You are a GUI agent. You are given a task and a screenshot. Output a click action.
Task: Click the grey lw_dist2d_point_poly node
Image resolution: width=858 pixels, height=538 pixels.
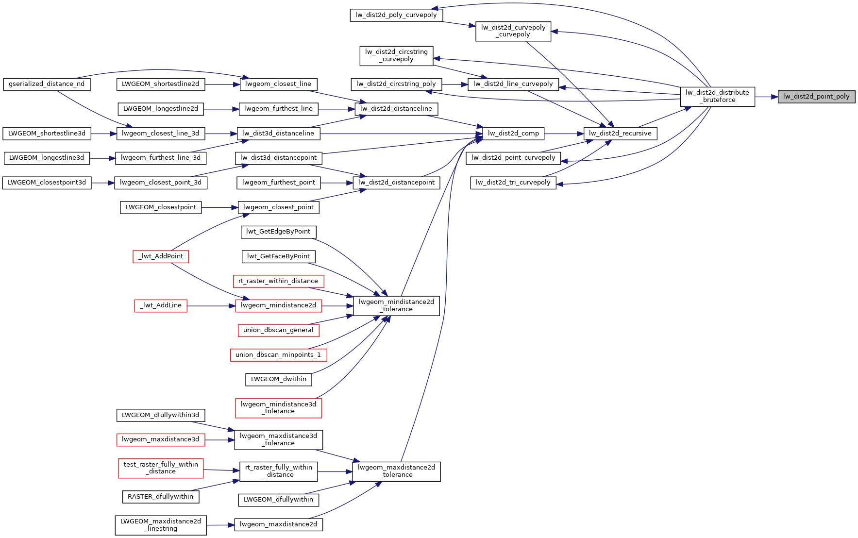coord(816,97)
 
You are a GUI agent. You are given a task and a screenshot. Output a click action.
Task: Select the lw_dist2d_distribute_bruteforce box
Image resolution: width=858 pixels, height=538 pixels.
coord(717,97)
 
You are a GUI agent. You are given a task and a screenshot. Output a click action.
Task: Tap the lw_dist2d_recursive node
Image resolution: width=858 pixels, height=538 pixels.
coord(620,134)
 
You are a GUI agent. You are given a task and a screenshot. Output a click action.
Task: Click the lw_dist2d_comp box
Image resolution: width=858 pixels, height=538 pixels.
coord(513,134)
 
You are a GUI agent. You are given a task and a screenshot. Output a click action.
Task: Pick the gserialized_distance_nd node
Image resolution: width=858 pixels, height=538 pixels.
coord(47,84)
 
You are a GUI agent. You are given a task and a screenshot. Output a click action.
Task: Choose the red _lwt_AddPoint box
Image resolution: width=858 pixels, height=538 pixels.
coord(161,256)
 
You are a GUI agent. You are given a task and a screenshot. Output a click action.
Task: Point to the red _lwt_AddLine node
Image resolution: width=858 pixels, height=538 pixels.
coord(161,305)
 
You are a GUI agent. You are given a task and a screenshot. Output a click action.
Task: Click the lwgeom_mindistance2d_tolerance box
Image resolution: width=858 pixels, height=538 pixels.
coord(396,305)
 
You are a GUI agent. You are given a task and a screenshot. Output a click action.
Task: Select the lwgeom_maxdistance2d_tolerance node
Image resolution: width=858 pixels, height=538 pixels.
coord(396,471)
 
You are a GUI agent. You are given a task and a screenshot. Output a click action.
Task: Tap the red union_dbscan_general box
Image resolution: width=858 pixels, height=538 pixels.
coord(278,330)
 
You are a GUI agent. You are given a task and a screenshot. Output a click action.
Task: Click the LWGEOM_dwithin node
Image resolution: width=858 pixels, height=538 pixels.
coord(278,379)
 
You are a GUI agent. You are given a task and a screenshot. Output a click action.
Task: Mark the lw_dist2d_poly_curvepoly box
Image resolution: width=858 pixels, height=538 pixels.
coord(396,15)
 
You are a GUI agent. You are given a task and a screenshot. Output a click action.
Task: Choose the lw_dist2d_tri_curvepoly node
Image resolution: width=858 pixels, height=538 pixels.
coord(513,183)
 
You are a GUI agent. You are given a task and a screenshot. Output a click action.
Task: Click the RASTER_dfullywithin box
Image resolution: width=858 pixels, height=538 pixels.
coord(160,497)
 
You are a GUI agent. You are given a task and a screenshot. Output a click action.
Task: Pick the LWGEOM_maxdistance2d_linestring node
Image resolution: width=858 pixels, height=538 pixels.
coord(161,525)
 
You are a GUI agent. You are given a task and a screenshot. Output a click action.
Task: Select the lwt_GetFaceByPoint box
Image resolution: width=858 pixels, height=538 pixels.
coord(278,256)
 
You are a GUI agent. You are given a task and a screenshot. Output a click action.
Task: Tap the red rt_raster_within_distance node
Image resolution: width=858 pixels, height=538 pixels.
coord(278,281)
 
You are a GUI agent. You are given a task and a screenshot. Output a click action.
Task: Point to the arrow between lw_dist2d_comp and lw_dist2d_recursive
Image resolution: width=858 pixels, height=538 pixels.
coord(563,134)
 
